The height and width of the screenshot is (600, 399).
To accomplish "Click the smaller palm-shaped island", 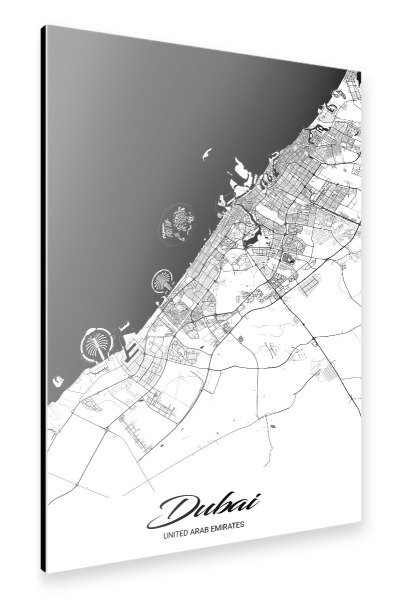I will (x=165, y=281).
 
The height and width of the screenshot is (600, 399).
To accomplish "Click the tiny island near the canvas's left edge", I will (x=55, y=381).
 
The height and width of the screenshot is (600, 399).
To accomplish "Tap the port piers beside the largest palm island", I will (x=131, y=345).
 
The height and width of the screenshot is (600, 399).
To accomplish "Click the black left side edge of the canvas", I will (x=45, y=300).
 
